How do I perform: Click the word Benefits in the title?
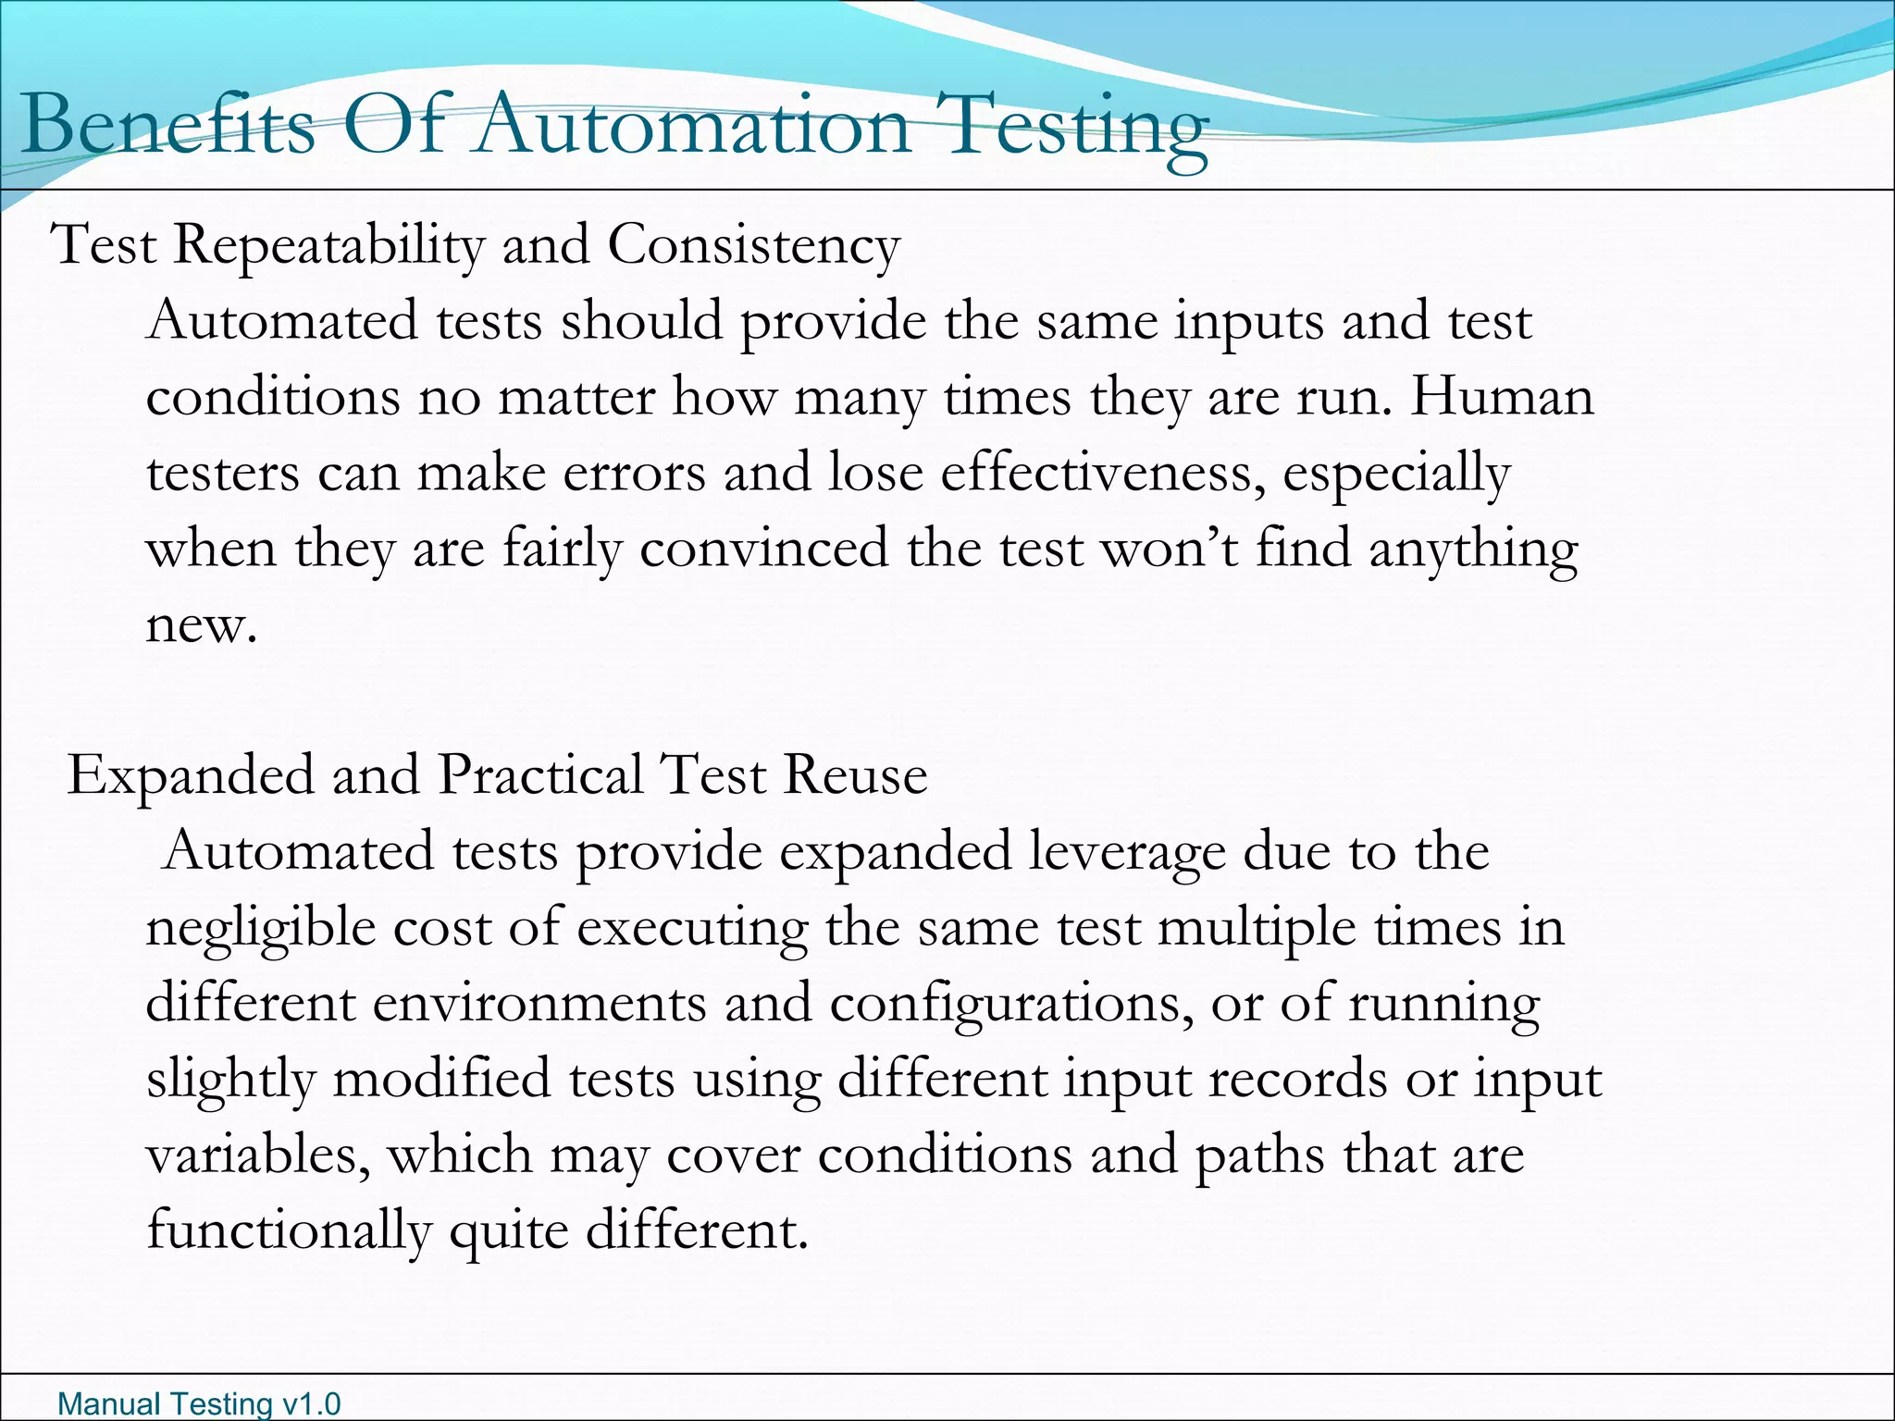pos(167,126)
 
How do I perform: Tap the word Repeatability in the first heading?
pos(328,246)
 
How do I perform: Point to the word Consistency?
pos(753,246)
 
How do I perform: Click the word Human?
pos(1502,397)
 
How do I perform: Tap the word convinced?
pos(763,549)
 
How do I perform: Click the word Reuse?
pos(855,775)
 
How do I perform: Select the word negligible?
pos(260,928)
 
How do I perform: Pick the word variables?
pos(258,1155)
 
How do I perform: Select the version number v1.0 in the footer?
pos(311,1404)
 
